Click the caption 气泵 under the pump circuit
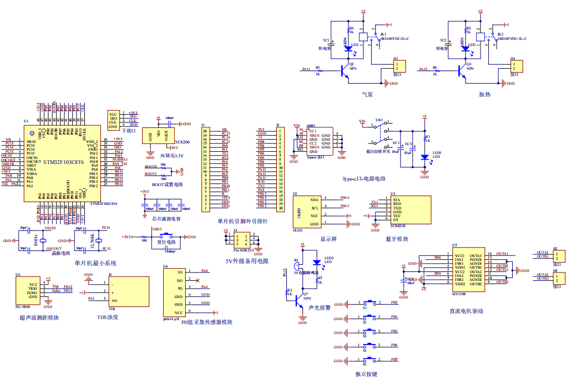tap(367, 95)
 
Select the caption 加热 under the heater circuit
tap(484, 95)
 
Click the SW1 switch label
tap(379, 120)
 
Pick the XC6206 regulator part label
tap(183, 142)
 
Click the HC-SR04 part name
tap(23, 306)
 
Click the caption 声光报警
tap(320, 307)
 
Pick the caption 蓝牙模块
tap(396, 239)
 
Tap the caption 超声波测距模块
tap(39, 317)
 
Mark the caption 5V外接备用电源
tap(247, 261)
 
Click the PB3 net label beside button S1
tap(394, 302)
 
